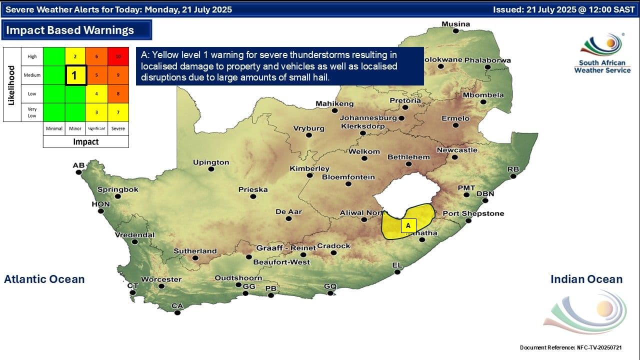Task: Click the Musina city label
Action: [x=455, y=24]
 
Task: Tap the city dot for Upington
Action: [x=211, y=169]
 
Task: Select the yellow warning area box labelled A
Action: [x=408, y=225]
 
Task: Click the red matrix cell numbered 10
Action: [x=118, y=56]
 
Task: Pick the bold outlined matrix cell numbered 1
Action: [x=75, y=75]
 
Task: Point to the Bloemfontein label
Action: [x=348, y=177]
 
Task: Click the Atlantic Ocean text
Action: [x=44, y=279]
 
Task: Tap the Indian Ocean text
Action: [x=586, y=279]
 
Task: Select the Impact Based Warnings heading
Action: [x=70, y=30]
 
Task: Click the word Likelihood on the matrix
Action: [x=11, y=84]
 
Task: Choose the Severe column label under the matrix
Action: [x=118, y=128]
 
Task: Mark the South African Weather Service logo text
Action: [x=602, y=66]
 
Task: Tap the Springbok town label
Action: [x=117, y=190]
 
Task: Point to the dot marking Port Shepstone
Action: [x=468, y=220]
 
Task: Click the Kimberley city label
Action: [x=309, y=168]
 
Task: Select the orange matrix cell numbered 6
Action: [x=96, y=56]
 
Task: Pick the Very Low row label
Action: [x=32, y=112]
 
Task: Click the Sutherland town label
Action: [x=195, y=251]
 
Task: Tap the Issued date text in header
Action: [x=563, y=9]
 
